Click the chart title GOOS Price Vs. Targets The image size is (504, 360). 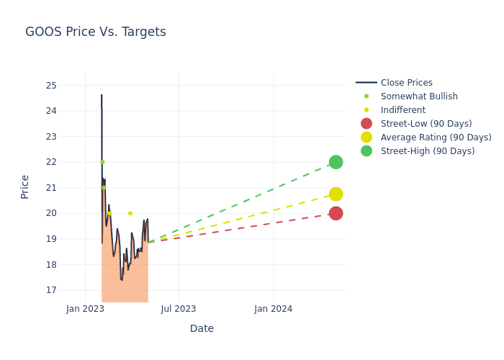click(95, 32)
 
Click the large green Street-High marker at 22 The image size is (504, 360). click(336, 162)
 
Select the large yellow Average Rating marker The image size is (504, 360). click(336, 194)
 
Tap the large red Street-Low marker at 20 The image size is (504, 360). click(336, 213)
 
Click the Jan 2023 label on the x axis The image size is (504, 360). click(85, 309)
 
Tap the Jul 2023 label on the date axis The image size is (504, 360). click(179, 309)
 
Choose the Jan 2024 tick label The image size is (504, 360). click(274, 309)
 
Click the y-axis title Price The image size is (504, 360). click(25, 186)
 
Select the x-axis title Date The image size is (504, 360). click(202, 329)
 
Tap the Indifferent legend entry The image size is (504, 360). click(402, 110)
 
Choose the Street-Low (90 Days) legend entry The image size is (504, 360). click(426, 124)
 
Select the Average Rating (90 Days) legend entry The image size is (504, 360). click(436, 138)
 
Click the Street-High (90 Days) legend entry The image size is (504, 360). click(428, 151)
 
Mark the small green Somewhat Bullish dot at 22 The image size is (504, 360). click(102, 162)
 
